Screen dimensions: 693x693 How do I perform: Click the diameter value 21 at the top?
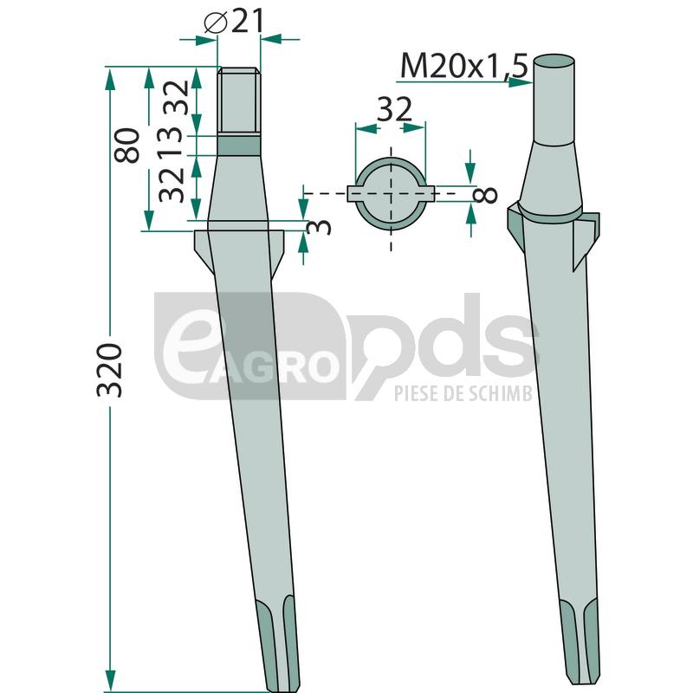tap(248, 22)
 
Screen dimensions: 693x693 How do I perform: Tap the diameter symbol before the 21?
tap(216, 23)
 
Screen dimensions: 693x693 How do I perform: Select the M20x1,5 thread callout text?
tap(464, 66)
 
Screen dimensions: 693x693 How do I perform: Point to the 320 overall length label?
tap(109, 370)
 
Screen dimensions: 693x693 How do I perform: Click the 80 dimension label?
tap(126, 146)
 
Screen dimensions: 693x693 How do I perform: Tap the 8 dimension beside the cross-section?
tap(485, 194)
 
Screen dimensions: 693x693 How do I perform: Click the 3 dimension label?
tap(319, 227)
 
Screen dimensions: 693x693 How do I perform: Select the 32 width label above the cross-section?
tap(394, 110)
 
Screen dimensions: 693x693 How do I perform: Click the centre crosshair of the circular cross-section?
tap(391, 193)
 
